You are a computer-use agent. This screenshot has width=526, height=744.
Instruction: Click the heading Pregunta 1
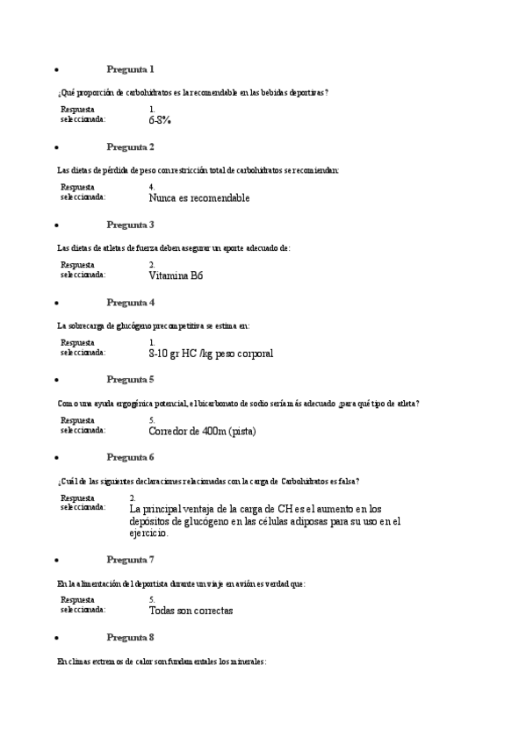130,69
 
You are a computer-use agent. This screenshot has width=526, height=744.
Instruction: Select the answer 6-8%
160,120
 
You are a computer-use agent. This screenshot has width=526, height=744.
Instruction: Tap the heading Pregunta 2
130,147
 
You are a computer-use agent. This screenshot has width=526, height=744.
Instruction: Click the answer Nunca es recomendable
199,198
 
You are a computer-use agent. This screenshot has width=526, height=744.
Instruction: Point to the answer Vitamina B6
176,275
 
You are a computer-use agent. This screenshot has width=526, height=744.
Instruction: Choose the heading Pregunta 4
130,303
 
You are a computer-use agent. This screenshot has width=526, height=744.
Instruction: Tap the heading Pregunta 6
130,458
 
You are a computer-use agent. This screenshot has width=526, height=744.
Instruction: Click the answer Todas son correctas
191,611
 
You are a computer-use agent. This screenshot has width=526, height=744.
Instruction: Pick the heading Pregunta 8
130,638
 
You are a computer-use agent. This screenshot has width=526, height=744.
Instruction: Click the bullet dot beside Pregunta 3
57,225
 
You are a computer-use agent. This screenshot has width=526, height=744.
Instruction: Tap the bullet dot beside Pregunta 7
57,560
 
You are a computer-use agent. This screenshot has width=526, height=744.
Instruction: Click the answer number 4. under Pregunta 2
152,187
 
